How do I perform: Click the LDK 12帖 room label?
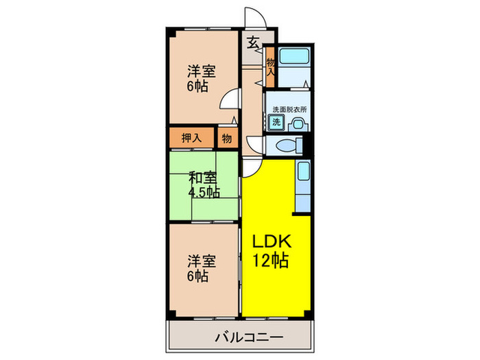pyautogui.click(x=273, y=250)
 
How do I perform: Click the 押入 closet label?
pyautogui.click(x=191, y=137)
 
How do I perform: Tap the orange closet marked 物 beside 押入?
pyautogui.click(x=226, y=138)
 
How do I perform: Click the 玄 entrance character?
pyautogui.click(x=252, y=43)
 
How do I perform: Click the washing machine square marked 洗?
pyautogui.click(x=276, y=123)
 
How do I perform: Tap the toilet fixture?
pyautogui.click(x=288, y=146)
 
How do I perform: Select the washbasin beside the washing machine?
pyautogui.click(x=298, y=123)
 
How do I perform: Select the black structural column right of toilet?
pyautogui.click(x=308, y=145)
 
